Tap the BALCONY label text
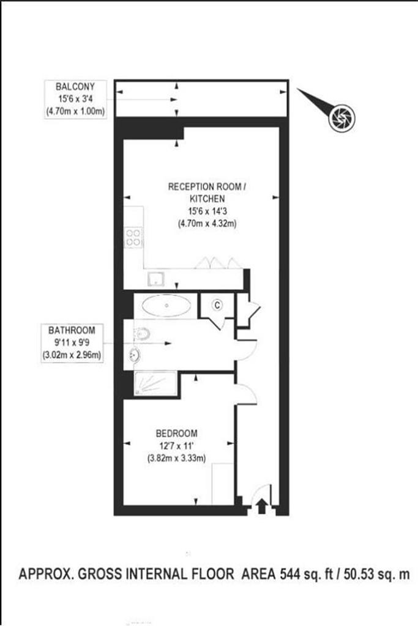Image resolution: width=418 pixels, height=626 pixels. pos(75,87)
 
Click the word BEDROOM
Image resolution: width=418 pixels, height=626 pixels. pos(177,433)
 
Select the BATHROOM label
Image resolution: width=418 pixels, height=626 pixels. pos(72,331)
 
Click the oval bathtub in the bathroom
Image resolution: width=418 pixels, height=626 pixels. pos(166,306)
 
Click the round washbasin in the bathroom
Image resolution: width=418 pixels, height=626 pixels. pos(134,354)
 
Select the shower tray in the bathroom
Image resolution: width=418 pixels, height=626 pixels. pos(155,384)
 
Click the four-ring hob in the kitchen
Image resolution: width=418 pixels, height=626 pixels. pos(133,237)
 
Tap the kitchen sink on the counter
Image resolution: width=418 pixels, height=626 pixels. pos(155,279)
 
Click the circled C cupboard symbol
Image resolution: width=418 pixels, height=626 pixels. pos(217,306)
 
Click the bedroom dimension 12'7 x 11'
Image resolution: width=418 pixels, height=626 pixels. pos(177,446)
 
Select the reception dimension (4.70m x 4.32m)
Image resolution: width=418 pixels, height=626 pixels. pos(207,224)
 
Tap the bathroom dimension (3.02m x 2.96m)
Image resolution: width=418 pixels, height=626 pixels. pos(72,355)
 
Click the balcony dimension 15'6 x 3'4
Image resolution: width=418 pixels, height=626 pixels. pos(75,98)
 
